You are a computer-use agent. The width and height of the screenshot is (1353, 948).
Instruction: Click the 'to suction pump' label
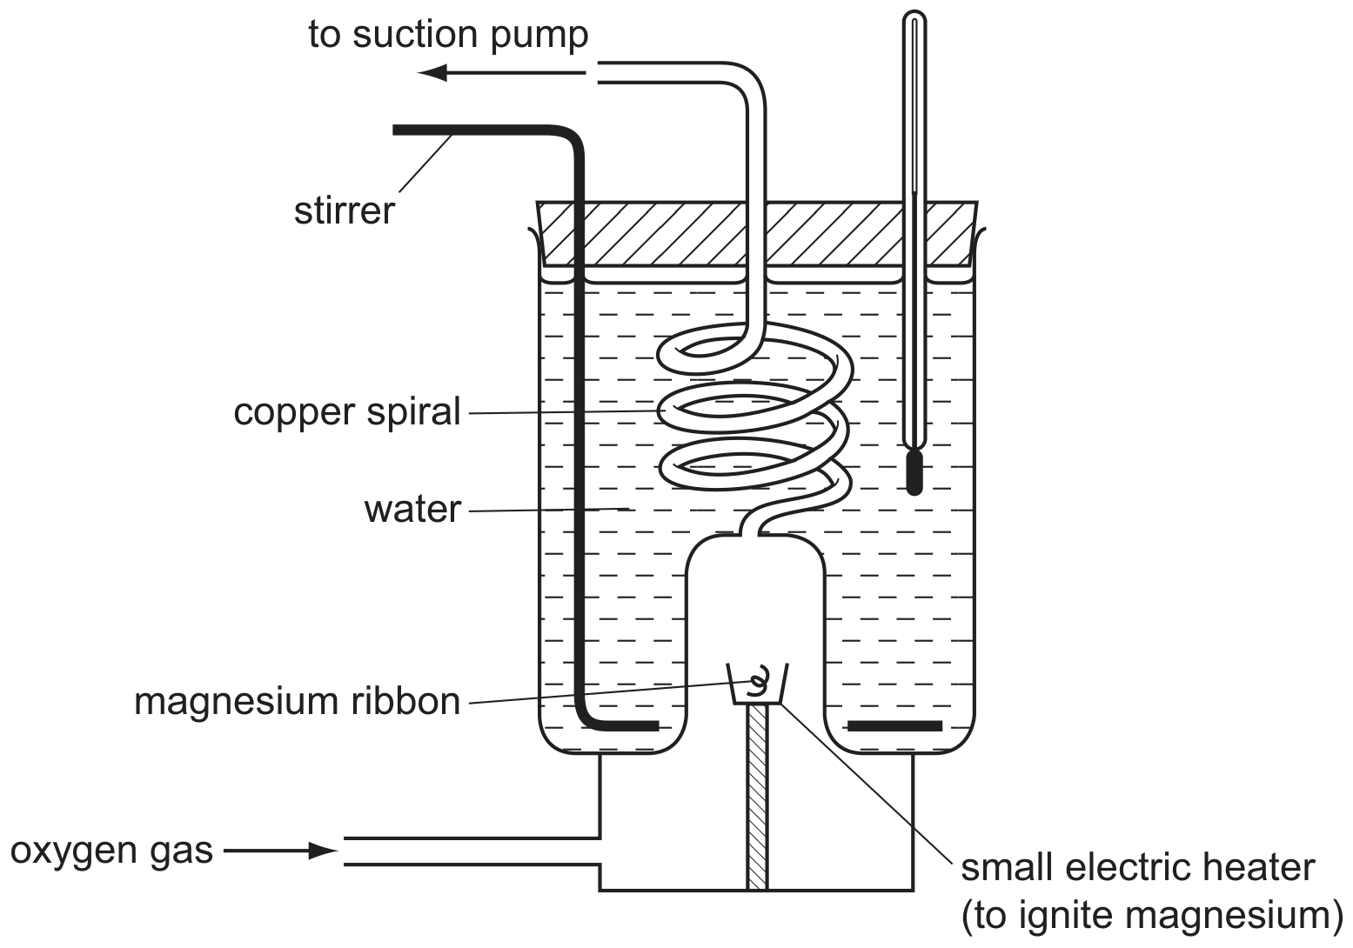[448, 35]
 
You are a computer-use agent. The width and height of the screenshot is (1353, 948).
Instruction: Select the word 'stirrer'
[345, 210]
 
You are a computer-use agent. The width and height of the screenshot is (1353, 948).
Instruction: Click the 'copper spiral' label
[346, 412]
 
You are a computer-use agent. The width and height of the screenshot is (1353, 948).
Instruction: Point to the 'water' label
[412, 509]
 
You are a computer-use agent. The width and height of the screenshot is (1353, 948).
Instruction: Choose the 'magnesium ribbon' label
[298, 702]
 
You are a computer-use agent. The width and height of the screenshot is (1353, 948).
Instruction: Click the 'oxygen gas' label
[111, 851]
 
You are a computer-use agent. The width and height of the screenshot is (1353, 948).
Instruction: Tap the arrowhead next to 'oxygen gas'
[323, 851]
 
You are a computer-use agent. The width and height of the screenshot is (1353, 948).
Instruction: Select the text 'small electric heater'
[1138, 868]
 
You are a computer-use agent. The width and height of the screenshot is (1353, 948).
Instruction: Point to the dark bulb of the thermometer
[914, 473]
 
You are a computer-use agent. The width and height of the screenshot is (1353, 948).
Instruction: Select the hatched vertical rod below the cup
[757, 797]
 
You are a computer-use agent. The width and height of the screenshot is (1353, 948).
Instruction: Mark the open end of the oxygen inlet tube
[345, 851]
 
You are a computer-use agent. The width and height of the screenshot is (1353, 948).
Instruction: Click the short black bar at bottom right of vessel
[894, 726]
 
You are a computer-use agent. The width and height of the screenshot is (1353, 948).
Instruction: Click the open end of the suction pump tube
[599, 72]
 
